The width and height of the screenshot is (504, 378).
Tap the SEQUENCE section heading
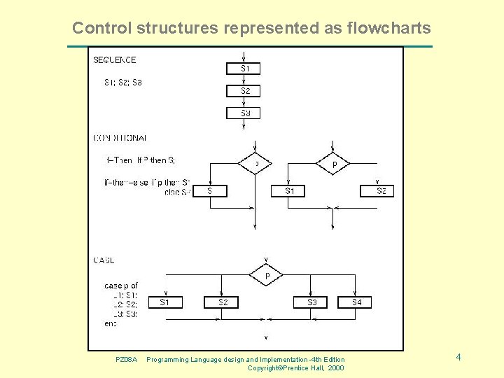pos(115,60)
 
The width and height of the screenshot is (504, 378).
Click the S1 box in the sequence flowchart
pos(243,69)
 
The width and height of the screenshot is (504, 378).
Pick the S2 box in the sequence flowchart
pos(243,91)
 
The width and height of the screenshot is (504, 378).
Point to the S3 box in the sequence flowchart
pos(243,113)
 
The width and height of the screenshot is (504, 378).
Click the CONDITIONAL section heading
pos(120,138)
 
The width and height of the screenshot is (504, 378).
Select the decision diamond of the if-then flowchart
pos(255,164)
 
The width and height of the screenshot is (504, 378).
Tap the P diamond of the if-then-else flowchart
pos(334,164)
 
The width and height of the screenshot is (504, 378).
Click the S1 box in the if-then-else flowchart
pos(290,190)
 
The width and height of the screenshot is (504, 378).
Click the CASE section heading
pos(104,260)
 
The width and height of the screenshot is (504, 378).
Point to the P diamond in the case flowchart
pos(267,276)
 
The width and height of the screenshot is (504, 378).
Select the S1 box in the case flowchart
pos(165,302)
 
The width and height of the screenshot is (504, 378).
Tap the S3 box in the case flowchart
pos(311,302)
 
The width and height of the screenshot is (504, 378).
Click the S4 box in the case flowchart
pos(356,302)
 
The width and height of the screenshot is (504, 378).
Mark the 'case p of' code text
pos(121,286)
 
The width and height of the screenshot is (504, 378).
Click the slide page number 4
pos(458,358)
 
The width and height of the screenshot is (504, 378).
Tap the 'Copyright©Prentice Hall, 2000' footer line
pos(295,368)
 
